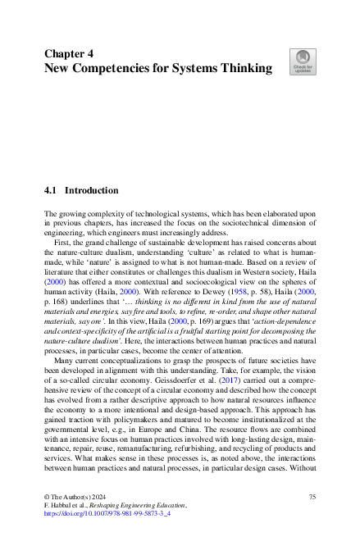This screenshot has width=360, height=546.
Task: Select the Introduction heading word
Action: click(x=92, y=190)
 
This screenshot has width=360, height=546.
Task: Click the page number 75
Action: click(x=312, y=498)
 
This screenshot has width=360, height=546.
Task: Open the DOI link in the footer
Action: click(x=106, y=516)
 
